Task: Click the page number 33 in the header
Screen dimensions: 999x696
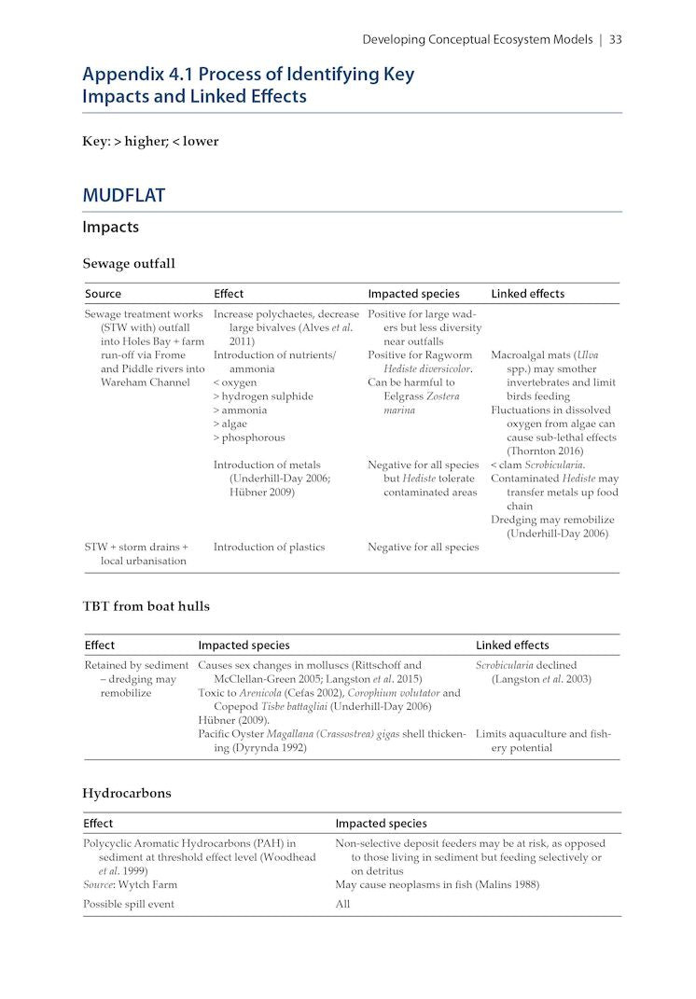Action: [616, 39]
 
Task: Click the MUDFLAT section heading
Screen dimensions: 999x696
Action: [123, 195]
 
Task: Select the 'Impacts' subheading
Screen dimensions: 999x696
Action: [110, 227]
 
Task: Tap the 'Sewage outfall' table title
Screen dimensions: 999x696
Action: [128, 264]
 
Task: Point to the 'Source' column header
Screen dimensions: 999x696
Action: [103, 294]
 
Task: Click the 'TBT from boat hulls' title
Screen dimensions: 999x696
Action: [146, 606]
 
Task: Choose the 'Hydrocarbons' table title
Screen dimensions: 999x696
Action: [127, 793]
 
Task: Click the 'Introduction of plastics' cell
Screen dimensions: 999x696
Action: [269, 548]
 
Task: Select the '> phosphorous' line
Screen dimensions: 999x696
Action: [249, 437]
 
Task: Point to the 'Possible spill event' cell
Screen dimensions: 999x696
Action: [129, 905]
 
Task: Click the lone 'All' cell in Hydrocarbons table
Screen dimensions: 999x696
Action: [342, 905]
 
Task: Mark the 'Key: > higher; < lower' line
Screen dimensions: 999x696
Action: [150, 142]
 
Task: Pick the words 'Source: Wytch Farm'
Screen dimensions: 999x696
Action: [130, 884]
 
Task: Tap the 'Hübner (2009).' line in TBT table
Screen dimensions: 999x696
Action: [234, 720]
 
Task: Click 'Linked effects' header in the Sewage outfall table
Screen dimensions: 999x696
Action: [527, 294]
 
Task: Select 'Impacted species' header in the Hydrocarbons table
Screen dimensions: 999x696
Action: [381, 824]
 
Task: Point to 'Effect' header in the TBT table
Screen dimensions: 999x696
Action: [99, 645]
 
